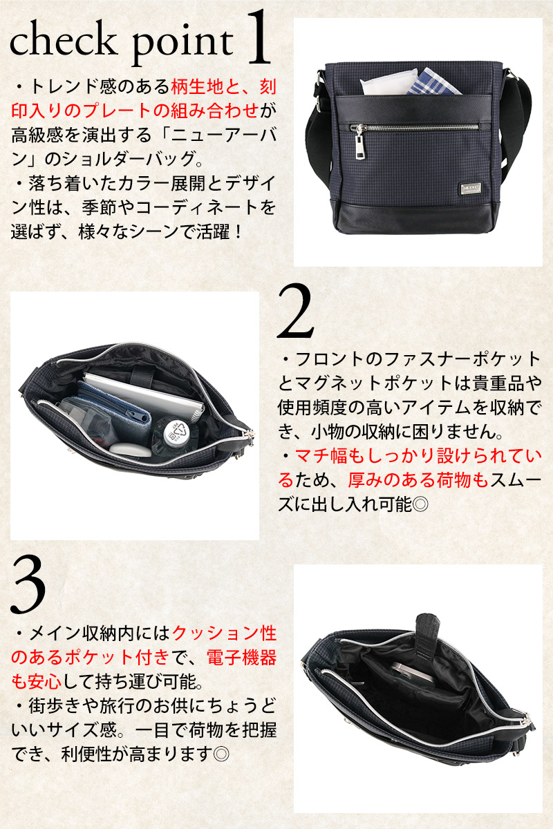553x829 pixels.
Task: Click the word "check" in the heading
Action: coord(63,39)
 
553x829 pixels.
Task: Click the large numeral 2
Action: coord(295,311)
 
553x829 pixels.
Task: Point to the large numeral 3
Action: coord(28,585)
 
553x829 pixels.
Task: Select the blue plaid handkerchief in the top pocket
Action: coord(434,82)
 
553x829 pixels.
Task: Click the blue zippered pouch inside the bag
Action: coord(113,403)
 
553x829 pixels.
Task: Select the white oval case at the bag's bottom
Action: coord(130,450)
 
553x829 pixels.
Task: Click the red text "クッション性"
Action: coord(225,633)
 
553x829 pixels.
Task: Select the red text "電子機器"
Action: coord(241,657)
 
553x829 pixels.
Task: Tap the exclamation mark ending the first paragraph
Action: coord(238,232)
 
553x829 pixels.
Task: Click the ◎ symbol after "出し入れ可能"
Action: coord(420,504)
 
